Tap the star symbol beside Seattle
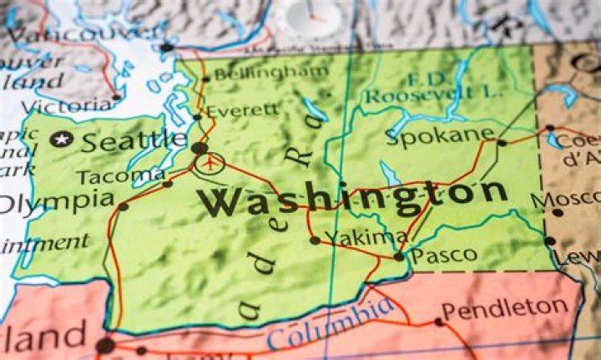coord(59,139)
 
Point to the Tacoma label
coord(120,176)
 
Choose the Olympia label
coord(57,201)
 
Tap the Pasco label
coord(445,255)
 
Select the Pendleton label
coord(503,310)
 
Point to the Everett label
coord(243,109)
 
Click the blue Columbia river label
coord(331,325)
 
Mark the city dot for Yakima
coord(315,241)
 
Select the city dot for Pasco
coord(399,256)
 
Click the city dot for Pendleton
coord(439,322)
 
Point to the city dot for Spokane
coord(502,143)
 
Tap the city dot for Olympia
coord(124,206)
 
